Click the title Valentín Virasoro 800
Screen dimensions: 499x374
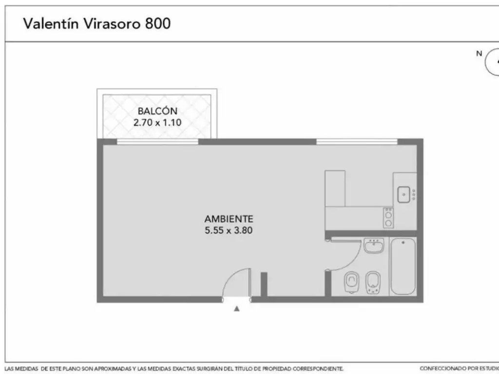point(97,23)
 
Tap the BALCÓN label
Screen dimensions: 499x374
point(157,111)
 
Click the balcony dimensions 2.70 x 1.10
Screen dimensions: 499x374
point(157,122)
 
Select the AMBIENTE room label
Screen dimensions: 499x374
point(229,219)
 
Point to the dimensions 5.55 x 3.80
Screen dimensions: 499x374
point(229,230)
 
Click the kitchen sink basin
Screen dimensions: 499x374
point(404,195)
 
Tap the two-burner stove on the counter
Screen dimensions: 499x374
point(388,218)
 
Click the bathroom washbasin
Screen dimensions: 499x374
point(374,245)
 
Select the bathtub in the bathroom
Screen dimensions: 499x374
point(403,266)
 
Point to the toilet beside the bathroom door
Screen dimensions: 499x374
point(352,282)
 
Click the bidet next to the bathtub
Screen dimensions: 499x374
point(373,282)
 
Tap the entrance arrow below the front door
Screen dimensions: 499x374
point(236,308)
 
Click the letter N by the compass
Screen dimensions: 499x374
point(479,54)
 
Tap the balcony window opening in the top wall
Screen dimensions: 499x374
point(157,142)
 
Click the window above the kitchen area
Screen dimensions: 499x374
point(357,142)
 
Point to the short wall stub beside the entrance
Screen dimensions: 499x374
point(264,284)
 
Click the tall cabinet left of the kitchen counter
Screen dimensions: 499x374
point(335,188)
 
